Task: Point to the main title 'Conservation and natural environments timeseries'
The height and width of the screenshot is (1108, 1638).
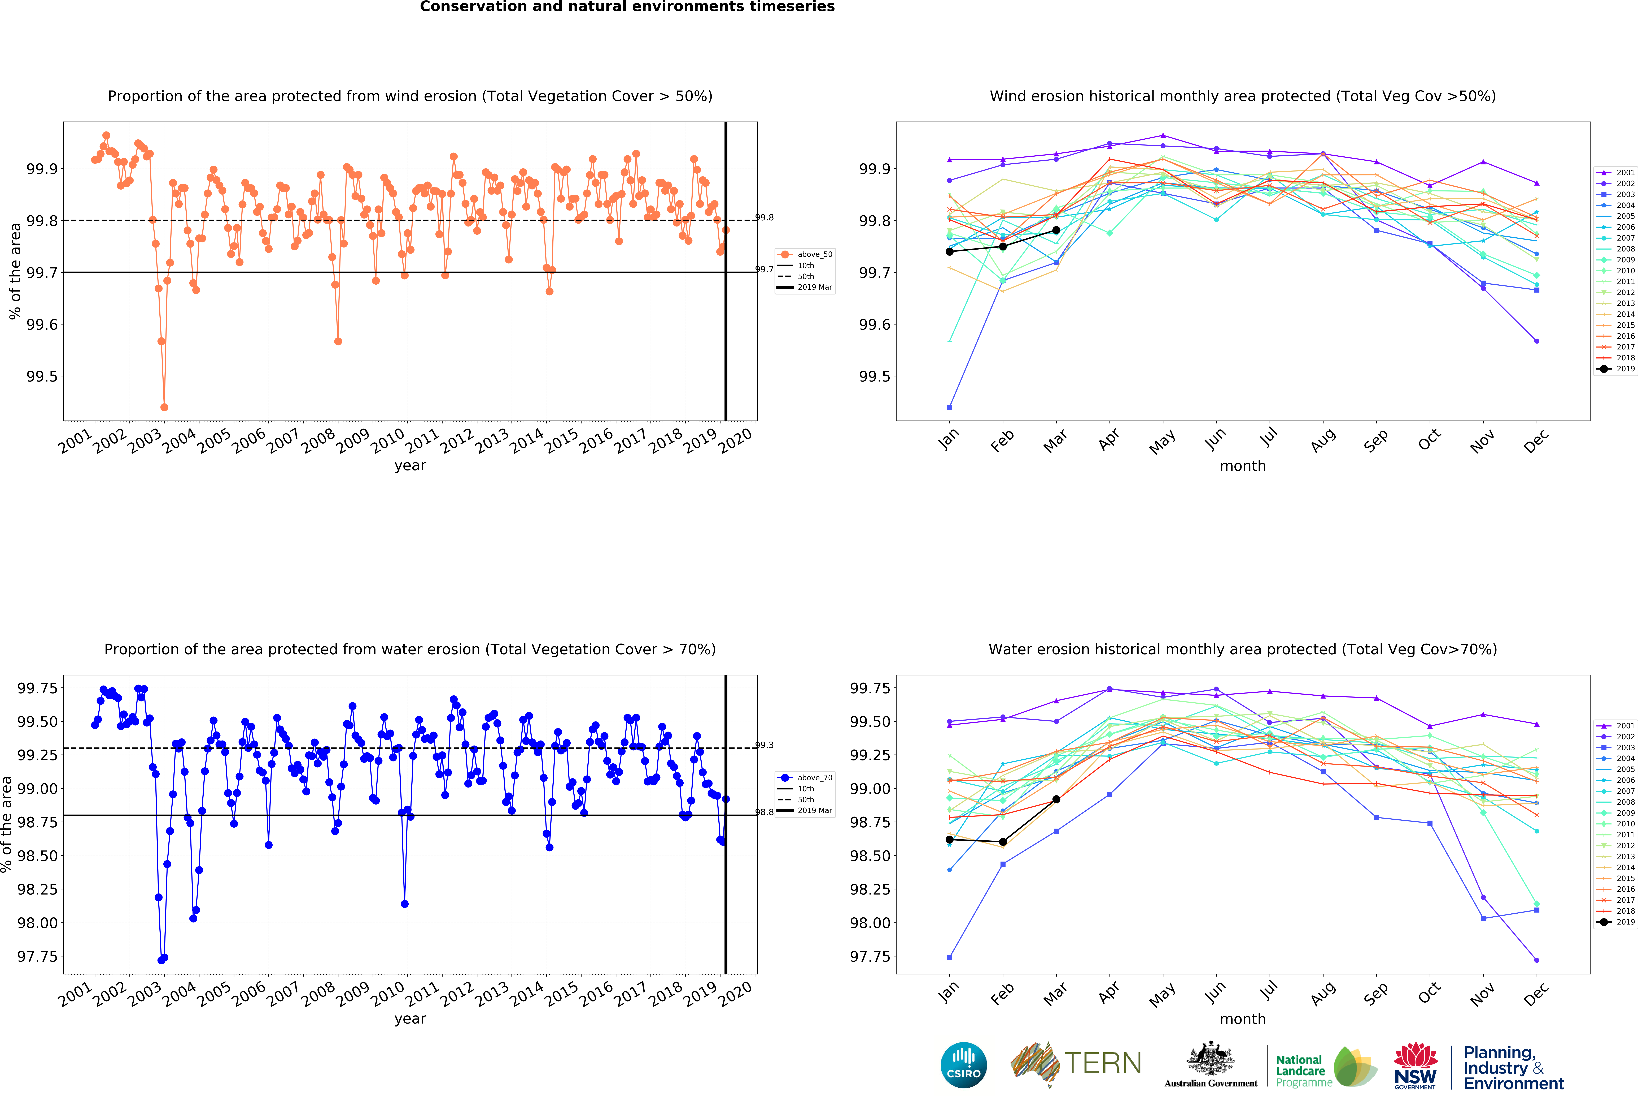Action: coord(627,7)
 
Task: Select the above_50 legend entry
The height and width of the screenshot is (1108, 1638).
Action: coord(805,255)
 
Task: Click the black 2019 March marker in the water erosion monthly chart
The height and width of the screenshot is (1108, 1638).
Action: coord(1056,799)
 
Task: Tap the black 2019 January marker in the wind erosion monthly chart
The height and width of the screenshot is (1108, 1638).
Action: coord(949,252)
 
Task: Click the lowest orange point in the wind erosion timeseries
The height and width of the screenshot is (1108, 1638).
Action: coord(164,407)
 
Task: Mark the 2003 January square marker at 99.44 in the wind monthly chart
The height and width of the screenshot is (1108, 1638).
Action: coord(949,407)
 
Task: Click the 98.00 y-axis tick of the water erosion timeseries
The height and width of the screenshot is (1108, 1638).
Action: coord(37,922)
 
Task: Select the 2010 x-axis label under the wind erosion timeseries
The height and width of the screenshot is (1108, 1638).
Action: coord(387,440)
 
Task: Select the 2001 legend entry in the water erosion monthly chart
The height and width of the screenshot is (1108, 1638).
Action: coord(1615,726)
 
